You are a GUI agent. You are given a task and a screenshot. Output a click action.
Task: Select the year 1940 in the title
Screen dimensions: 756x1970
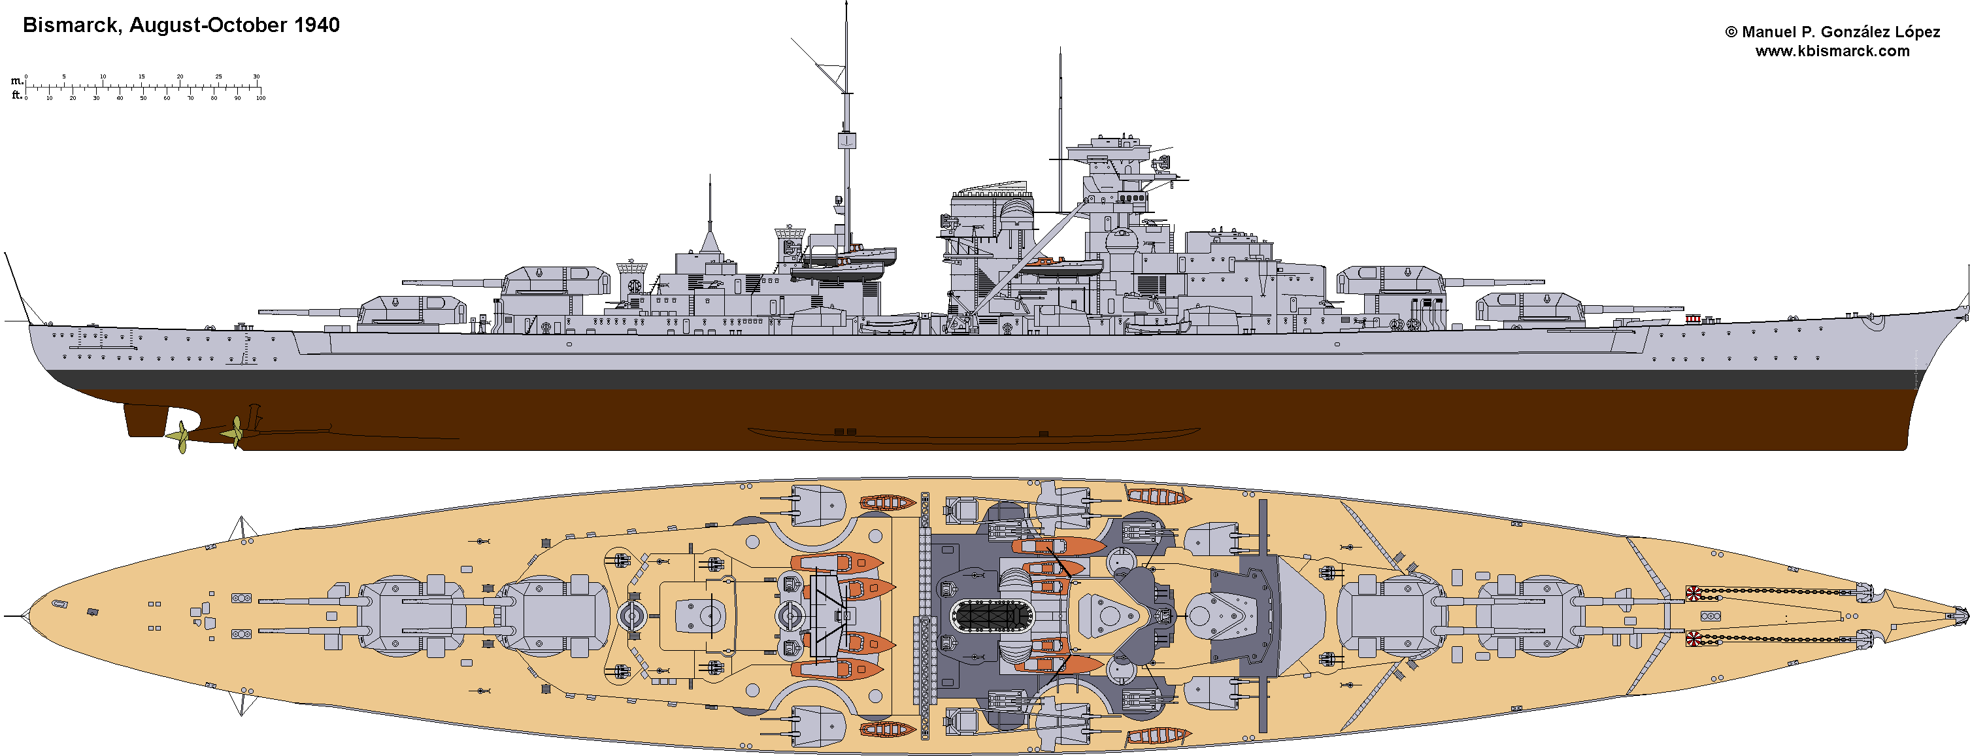(x=316, y=25)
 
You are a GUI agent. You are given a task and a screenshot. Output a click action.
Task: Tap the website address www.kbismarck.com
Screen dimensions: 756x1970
(x=1831, y=51)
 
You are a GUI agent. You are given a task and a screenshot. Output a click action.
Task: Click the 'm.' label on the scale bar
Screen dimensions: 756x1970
(x=16, y=80)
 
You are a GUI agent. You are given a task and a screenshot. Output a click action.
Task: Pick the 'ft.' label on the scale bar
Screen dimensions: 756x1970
(x=16, y=95)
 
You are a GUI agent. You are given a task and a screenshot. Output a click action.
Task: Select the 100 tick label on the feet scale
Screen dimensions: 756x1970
(x=261, y=98)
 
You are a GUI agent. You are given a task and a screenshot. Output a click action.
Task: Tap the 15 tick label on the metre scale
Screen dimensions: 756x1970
(x=141, y=76)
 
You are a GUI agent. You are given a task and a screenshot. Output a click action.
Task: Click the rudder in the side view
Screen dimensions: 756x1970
(x=146, y=419)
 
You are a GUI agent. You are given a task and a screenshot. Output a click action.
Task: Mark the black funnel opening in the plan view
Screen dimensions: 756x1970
(x=990, y=616)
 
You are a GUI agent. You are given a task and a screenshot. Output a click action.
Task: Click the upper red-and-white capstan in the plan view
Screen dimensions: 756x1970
(x=1694, y=593)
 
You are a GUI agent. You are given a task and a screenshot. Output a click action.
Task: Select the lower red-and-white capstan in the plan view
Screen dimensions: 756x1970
(x=1694, y=638)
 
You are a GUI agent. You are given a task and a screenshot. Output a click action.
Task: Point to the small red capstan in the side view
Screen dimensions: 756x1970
(x=1692, y=318)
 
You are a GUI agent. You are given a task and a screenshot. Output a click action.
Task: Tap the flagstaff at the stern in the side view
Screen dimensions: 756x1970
(x=17, y=287)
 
